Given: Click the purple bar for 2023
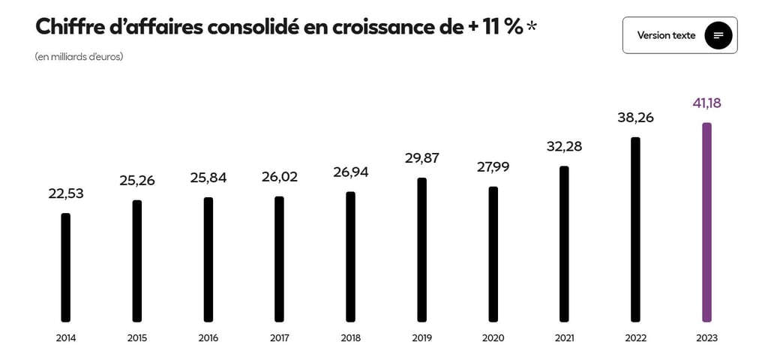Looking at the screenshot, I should coord(706,222).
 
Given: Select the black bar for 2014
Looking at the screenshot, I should coord(66,267).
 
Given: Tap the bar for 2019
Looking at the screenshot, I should coord(421,249).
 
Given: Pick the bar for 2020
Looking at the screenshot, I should coord(493,253).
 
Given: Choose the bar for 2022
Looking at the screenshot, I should coord(635,229).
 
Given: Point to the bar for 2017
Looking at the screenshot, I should coord(279,259).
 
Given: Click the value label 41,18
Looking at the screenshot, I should coord(706,103).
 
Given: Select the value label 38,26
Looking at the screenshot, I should coord(635,117).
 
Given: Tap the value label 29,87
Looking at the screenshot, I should coord(421,157).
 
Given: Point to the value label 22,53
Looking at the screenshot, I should coord(66,193).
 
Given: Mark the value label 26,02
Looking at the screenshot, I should coord(279,177).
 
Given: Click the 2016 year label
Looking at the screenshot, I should coord(208,338).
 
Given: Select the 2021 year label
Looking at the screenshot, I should coord(564,338).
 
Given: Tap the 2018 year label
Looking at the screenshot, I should coord(350,338).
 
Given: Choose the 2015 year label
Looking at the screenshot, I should coord(137,338).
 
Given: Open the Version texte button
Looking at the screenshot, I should coord(666,35).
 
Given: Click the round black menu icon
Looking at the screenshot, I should coord(718,35).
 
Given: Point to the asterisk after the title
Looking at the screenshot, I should coord(532,27).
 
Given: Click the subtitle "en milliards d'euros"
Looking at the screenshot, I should coord(79,57).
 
